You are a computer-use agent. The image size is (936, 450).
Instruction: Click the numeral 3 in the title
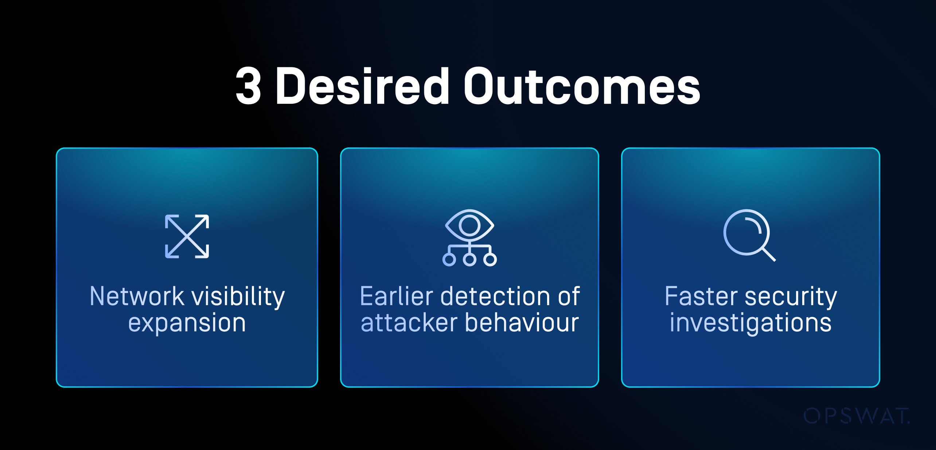(x=248, y=86)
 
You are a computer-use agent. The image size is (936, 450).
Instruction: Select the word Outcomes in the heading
(x=582, y=86)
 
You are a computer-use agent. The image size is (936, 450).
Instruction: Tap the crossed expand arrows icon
(x=187, y=236)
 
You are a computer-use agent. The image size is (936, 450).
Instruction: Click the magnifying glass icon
(x=749, y=235)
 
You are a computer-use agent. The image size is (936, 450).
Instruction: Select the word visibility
(x=238, y=297)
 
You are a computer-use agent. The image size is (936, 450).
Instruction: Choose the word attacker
(x=409, y=323)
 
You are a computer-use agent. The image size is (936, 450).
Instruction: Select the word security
(x=791, y=297)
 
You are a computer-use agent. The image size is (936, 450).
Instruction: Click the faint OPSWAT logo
(x=857, y=416)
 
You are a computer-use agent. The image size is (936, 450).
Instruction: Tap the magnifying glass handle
(x=769, y=254)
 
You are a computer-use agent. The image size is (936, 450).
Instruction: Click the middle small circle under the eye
(x=469, y=259)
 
